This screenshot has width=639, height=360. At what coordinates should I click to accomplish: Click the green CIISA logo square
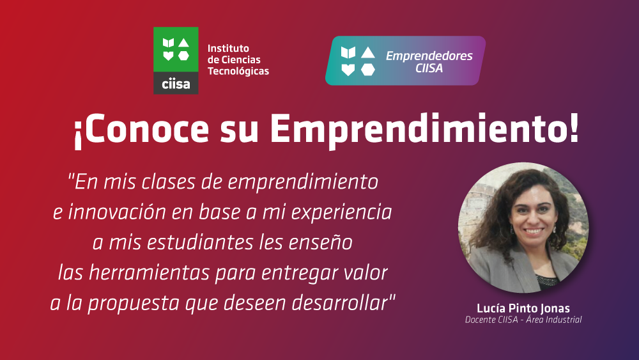point(176,50)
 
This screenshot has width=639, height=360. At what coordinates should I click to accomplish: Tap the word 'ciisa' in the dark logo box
point(176,84)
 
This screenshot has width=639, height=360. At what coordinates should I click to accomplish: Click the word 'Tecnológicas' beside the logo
point(238,72)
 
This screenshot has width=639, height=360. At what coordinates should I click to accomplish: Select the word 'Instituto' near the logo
point(228,48)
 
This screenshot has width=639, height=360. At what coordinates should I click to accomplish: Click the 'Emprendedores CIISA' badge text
point(429,61)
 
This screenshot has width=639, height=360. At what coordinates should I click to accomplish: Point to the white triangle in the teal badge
point(368,52)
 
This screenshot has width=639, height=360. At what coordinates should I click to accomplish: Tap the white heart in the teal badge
point(348,70)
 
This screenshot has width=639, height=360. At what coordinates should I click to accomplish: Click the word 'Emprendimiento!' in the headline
point(425,129)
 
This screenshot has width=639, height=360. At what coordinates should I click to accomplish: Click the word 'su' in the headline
point(239,131)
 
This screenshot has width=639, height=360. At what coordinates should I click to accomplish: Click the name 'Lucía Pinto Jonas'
point(523,308)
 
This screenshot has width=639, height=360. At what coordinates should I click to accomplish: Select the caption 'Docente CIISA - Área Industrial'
point(523,320)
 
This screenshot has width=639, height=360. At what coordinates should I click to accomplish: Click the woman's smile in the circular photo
point(534,231)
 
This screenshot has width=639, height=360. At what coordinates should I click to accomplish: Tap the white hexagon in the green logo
point(184,56)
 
